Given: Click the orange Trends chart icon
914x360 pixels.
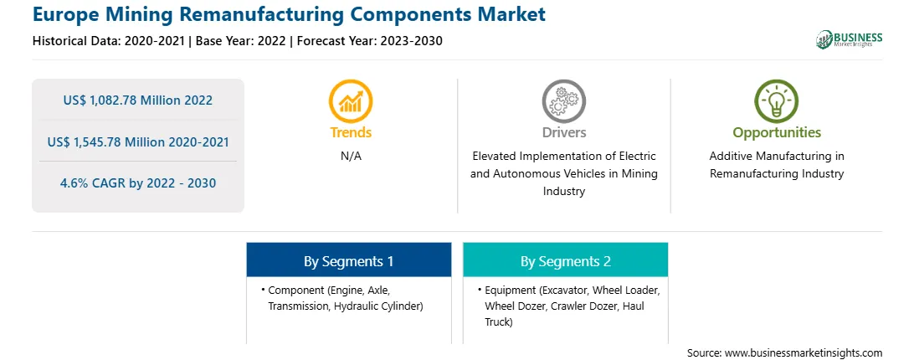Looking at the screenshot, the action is pos(351,100).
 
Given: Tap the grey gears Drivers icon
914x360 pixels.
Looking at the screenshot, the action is pos(563,100).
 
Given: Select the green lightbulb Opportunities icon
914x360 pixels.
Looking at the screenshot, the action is pos(777,100).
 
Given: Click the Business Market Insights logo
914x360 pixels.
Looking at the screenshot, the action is pos(850,39).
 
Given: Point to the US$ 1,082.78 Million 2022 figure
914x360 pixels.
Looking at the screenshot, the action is pos(137,100).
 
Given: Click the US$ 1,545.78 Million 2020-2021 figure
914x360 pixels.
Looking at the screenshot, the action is pos(137,141).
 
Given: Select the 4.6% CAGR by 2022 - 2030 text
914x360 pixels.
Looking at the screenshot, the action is pos(137,183).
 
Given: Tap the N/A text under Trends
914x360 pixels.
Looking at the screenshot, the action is pos(351,157).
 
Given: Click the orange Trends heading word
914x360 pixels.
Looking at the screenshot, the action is pos(351,132).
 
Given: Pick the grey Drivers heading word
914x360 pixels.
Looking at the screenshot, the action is pos(563,132).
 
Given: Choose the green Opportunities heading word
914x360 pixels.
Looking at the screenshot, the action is pos(777,133).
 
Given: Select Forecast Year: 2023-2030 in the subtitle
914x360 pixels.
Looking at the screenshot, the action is pos(367,41).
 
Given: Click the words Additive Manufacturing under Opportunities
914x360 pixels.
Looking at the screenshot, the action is pos(777,157).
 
